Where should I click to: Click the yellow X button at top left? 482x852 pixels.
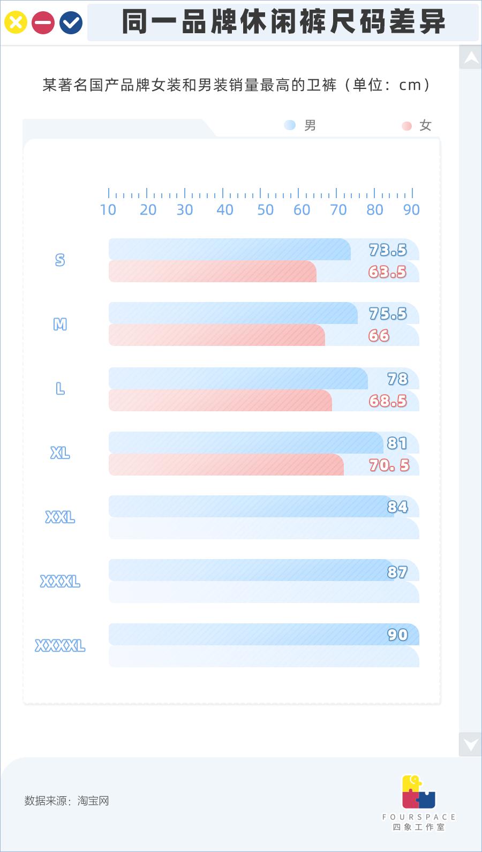coord(16,22)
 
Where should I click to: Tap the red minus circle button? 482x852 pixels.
coord(43,22)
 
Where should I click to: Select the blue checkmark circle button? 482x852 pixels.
coord(71,22)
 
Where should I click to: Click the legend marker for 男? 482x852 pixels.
coord(290,125)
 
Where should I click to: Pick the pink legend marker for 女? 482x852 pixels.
coord(407,126)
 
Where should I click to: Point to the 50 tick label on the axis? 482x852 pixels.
coord(265,210)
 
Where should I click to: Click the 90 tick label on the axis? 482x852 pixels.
coord(411,210)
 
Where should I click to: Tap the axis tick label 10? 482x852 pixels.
coord(108,210)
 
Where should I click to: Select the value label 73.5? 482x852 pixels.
coord(388,250)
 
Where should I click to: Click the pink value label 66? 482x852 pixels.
coord(379,336)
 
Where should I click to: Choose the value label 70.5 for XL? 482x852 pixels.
coord(389,465)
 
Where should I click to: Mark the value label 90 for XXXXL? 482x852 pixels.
coord(397,635)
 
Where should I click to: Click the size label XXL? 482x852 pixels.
coord(60,517)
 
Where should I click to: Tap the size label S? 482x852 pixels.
coord(60,260)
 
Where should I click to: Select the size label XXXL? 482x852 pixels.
coord(60,582)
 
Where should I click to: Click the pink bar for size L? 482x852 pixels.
coord(220,401)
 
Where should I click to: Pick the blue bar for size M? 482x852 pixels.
coord(233,313)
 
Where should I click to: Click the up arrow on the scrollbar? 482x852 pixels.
coord(471,57)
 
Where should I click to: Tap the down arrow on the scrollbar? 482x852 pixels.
coord(471,744)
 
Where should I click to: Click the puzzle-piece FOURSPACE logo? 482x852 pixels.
coord(418,792)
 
